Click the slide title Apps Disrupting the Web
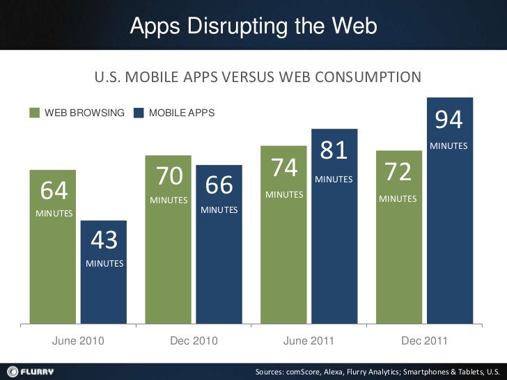tap(253, 26)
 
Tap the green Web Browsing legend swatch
tap(35, 113)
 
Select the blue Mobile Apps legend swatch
tap(139, 113)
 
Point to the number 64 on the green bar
tap(54, 190)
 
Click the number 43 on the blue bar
tap(104, 241)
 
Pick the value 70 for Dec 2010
tap(169, 177)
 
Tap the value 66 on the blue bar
tap(219, 186)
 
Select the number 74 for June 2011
tap(284, 168)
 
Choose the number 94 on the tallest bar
tap(448, 120)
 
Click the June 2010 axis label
tap(79, 341)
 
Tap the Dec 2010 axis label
tap(194, 341)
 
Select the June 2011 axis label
tap(309, 341)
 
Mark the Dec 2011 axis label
tap(425, 341)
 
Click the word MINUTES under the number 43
tap(104, 264)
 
